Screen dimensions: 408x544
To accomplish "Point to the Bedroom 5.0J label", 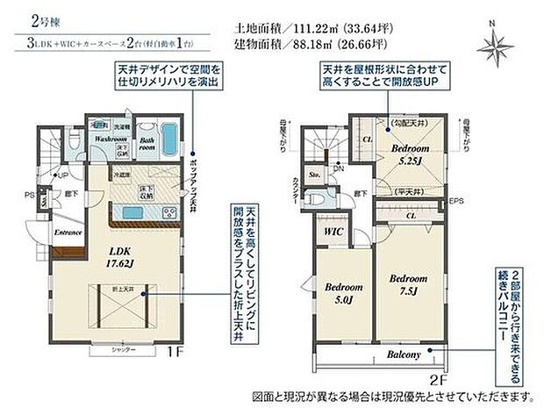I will click(x=341, y=292).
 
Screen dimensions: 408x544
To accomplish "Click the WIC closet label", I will click(x=332, y=232).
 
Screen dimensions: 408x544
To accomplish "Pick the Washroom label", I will click(x=112, y=140).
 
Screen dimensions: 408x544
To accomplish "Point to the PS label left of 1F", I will click(x=29, y=194).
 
